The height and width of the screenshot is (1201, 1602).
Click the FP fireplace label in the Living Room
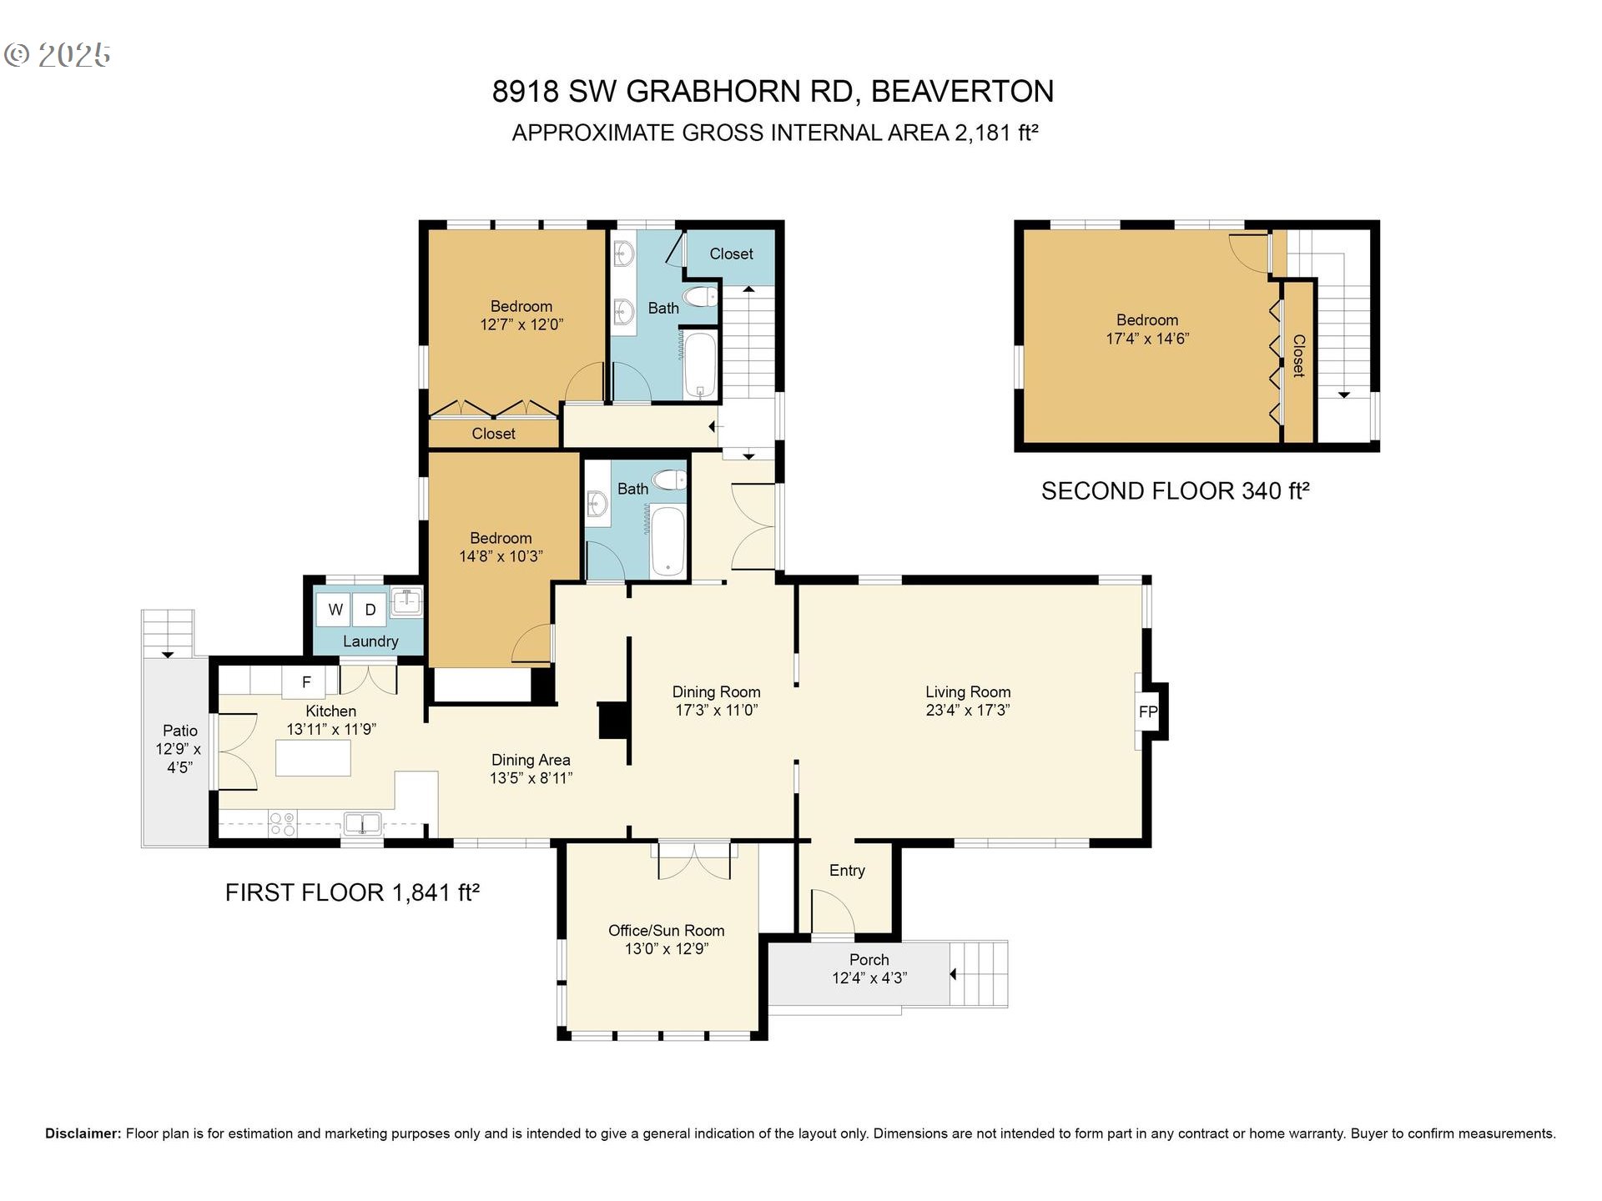(x=1148, y=711)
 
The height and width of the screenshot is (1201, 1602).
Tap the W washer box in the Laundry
(x=335, y=610)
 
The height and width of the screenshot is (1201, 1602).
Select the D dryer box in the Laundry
(x=370, y=610)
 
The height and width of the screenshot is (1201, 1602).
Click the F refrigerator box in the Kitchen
(x=306, y=682)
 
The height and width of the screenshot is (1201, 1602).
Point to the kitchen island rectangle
(x=313, y=757)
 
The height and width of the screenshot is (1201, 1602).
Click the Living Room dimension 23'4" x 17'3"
(x=967, y=710)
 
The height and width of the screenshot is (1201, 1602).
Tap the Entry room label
(x=846, y=870)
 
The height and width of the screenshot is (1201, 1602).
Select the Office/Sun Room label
(x=666, y=930)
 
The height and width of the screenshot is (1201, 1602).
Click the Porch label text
(x=869, y=959)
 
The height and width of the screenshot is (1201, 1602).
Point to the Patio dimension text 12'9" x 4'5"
(x=179, y=757)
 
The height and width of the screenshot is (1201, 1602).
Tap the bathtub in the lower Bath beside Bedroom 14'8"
(x=667, y=540)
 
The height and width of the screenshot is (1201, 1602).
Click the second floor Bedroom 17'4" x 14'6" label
(x=1147, y=329)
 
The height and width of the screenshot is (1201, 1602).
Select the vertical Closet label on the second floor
(x=1298, y=356)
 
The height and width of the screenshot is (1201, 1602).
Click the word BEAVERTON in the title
(x=962, y=91)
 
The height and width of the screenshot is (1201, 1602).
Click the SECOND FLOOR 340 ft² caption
(x=1175, y=490)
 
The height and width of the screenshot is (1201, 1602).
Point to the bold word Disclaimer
(x=83, y=1133)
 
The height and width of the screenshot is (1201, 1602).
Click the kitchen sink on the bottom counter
(x=363, y=824)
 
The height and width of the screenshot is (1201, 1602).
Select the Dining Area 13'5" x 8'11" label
(x=531, y=768)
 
